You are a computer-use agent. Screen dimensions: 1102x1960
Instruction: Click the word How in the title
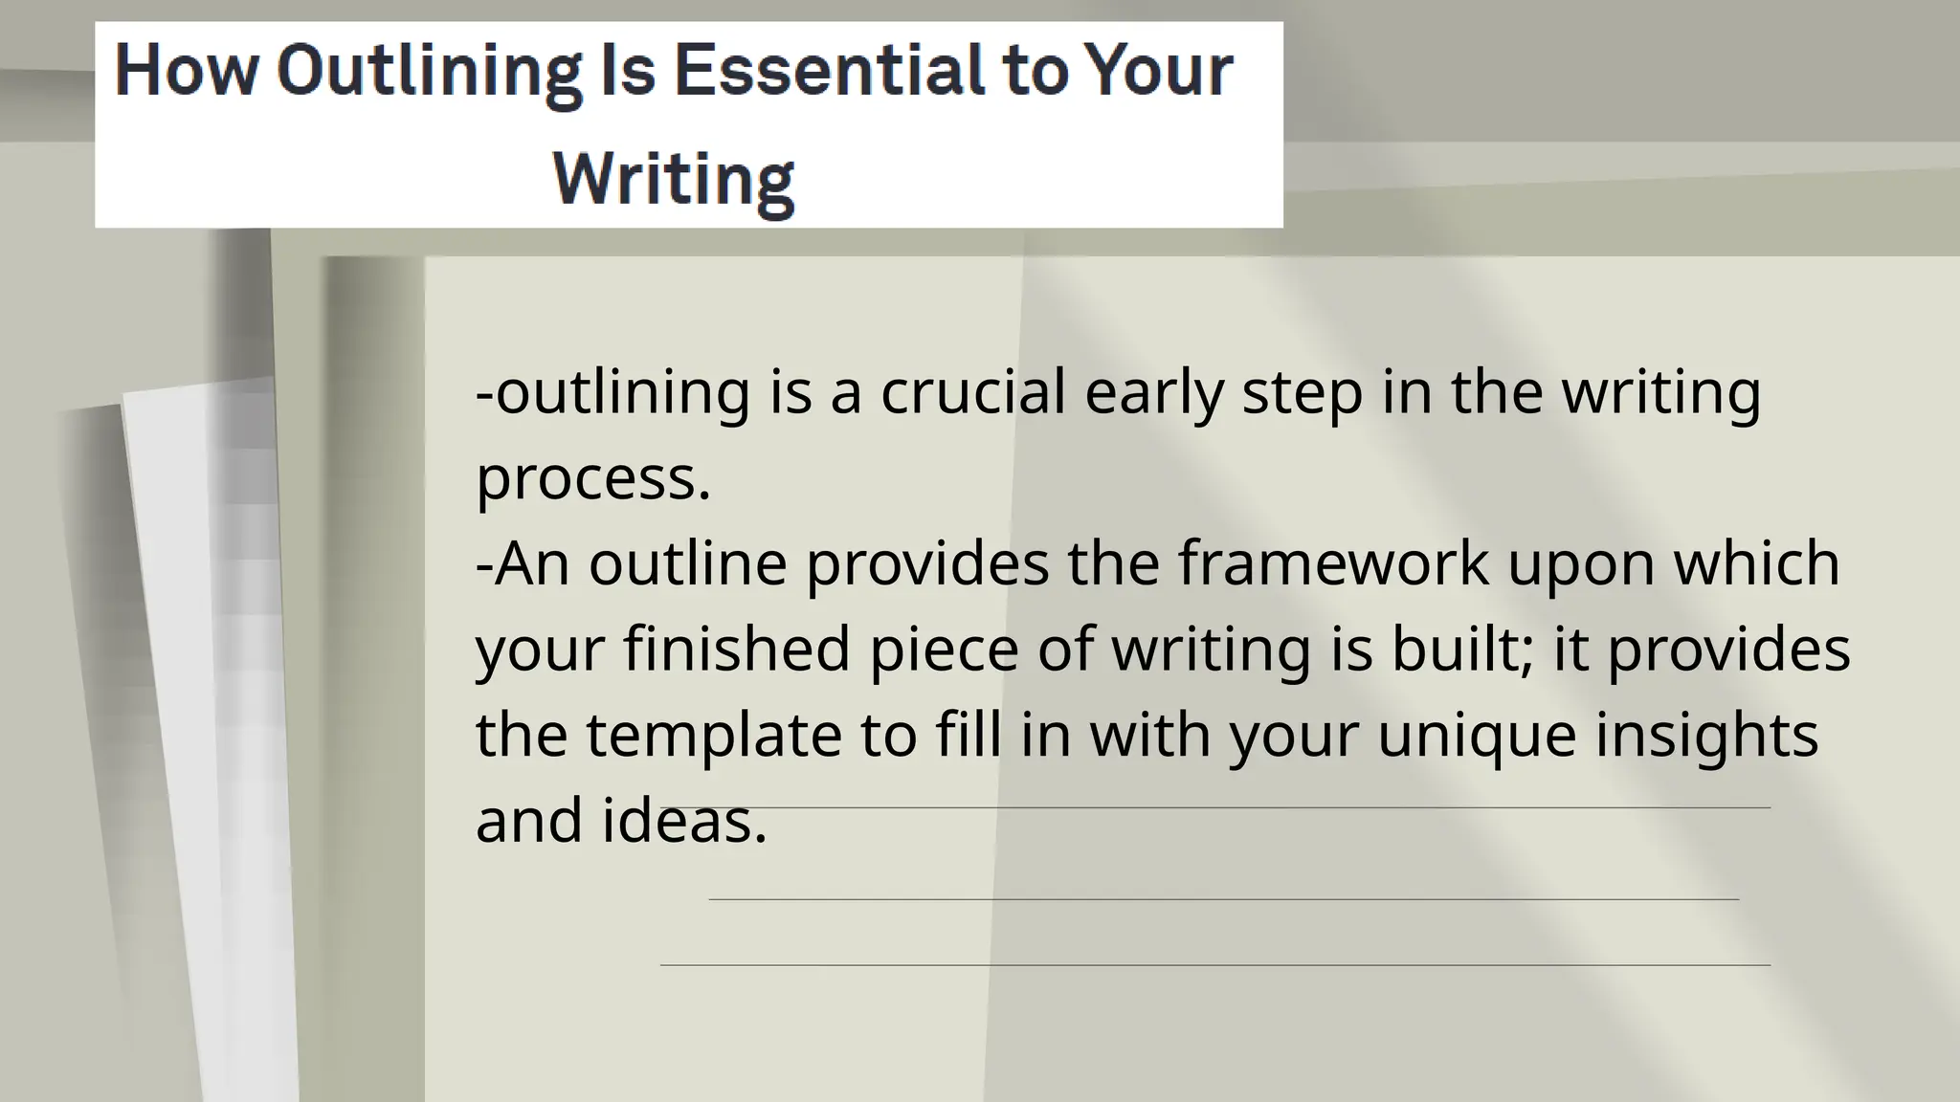coord(186,71)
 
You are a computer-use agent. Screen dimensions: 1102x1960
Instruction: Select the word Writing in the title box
coord(674,178)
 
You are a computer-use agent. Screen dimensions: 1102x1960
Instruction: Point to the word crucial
coord(972,392)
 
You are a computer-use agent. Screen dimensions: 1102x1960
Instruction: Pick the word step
coord(1303,394)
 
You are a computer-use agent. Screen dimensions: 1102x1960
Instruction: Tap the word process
coord(592,478)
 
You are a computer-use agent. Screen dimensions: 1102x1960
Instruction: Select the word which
coord(1756,562)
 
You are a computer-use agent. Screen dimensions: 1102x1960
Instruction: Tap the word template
coord(713,735)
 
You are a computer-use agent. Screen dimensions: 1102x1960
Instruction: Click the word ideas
coord(683,821)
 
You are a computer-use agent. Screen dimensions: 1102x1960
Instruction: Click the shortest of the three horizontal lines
coord(1223,899)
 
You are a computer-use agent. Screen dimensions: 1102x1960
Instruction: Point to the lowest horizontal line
coord(1215,965)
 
